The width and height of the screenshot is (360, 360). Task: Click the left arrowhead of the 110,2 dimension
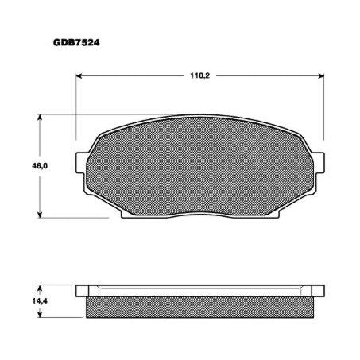pyautogui.click(x=80, y=77)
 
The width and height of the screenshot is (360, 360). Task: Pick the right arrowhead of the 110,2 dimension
pyautogui.click(x=321, y=77)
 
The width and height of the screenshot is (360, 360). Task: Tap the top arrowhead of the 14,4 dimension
pyautogui.click(x=41, y=286)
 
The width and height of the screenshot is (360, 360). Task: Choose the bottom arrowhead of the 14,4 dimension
pyautogui.click(x=41, y=316)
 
